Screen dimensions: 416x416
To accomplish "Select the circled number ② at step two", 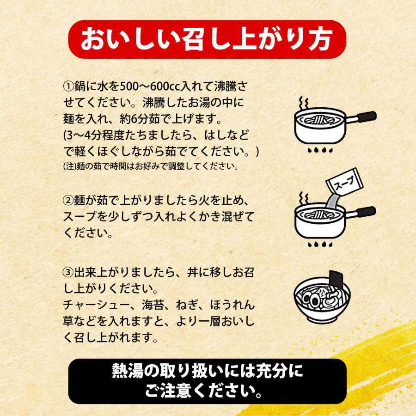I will (x=67, y=201).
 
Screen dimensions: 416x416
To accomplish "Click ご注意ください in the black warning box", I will (x=208, y=393).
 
